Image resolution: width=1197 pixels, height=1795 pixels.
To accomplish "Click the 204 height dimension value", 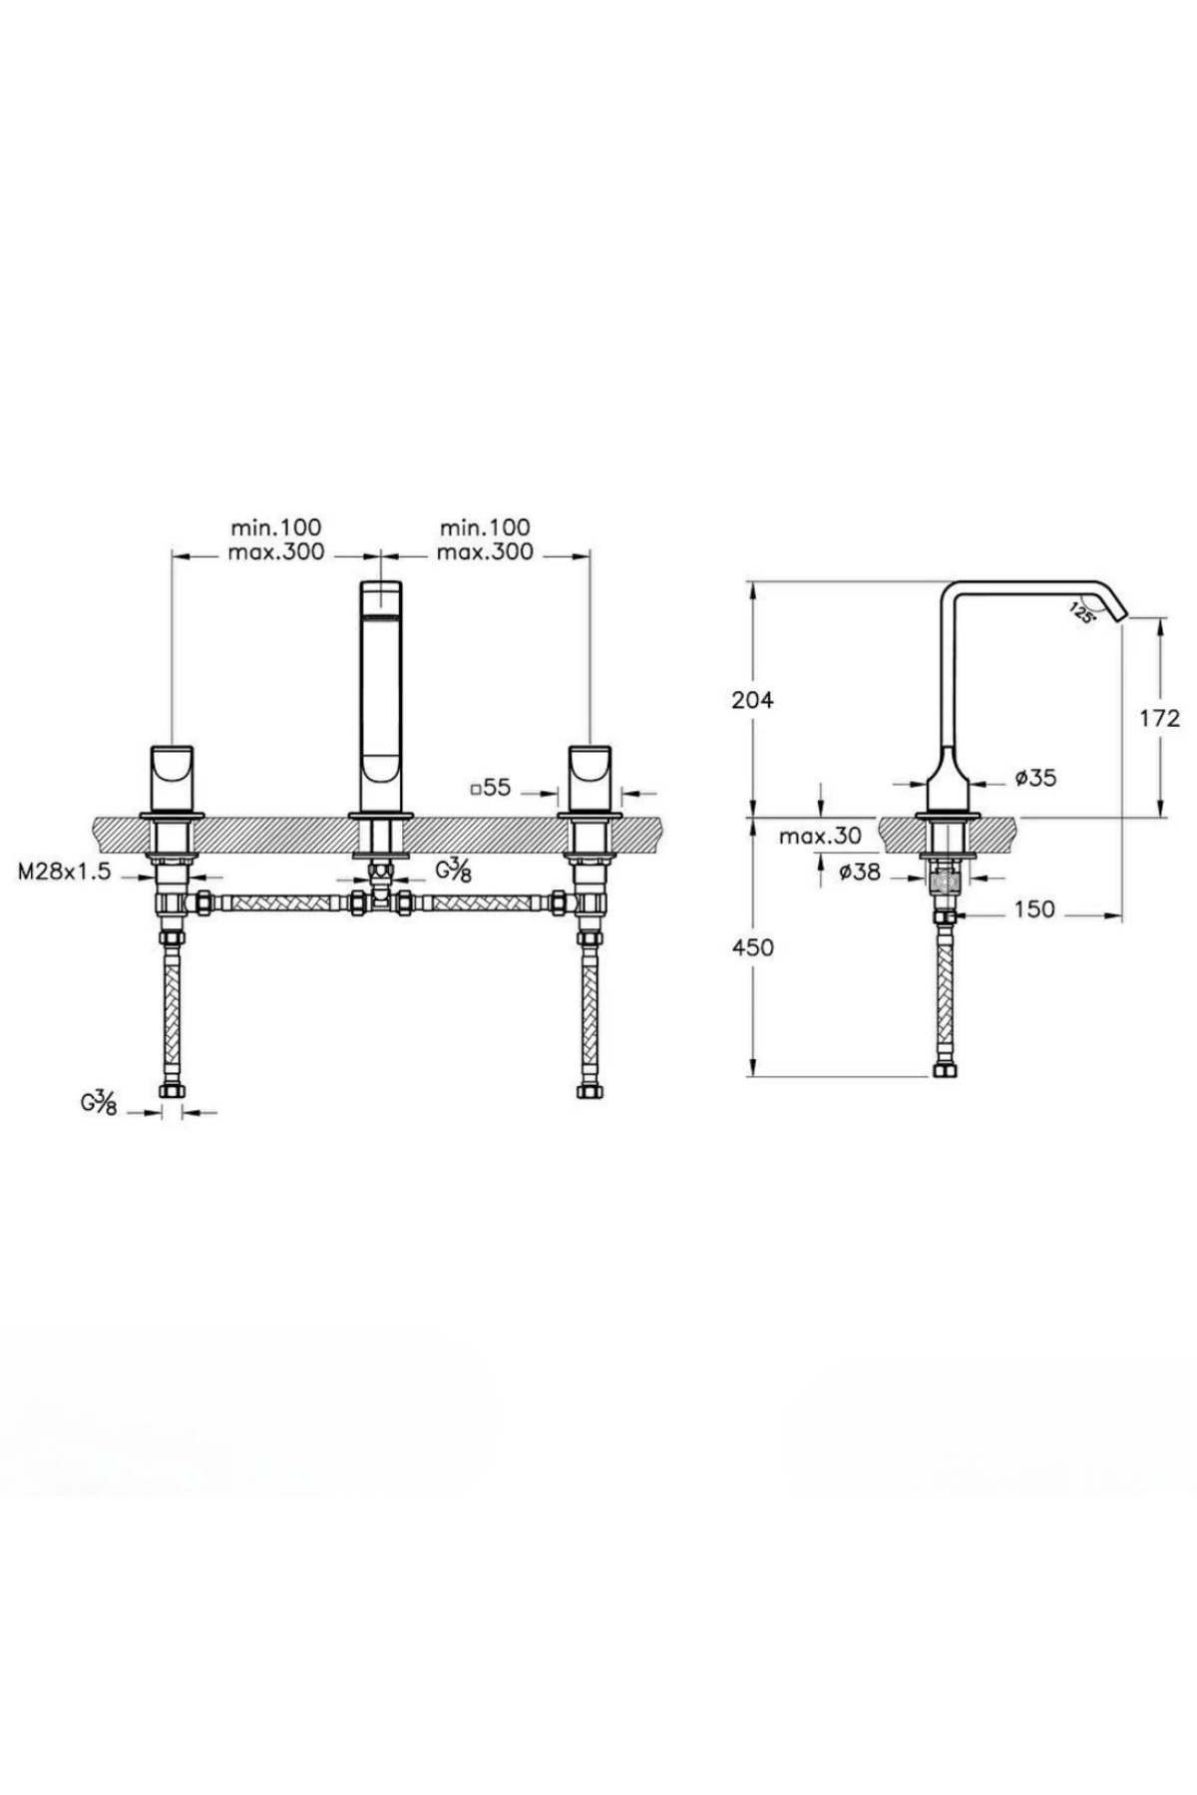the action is (752, 700).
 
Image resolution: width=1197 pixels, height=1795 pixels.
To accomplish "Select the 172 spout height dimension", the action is (1160, 717).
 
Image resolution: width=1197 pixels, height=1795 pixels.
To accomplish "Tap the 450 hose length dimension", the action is (752, 946).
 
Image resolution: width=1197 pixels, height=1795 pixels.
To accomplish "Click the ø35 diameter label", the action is (1035, 778).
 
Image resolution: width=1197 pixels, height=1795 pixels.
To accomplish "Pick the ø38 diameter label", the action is (860, 872).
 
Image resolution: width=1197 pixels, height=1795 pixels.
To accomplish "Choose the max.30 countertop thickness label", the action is (820, 836).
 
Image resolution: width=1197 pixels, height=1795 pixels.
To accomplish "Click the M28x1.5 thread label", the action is (64, 874).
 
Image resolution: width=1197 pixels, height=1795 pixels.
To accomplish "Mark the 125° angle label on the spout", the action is (1083, 611).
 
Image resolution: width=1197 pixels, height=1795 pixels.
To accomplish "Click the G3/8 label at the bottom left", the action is (100, 1103).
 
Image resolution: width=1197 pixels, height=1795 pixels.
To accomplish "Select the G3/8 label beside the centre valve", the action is (453, 869).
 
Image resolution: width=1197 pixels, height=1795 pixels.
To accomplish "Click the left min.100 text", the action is (275, 527).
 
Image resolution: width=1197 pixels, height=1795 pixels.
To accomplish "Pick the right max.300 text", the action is (485, 551).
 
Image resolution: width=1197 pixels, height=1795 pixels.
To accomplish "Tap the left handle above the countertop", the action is (175, 779).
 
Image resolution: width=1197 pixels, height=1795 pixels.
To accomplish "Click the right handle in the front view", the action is (593, 779).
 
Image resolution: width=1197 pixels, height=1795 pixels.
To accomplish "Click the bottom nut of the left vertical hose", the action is (172, 1089).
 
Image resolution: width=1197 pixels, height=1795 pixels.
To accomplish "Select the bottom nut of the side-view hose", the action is (945, 1071).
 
